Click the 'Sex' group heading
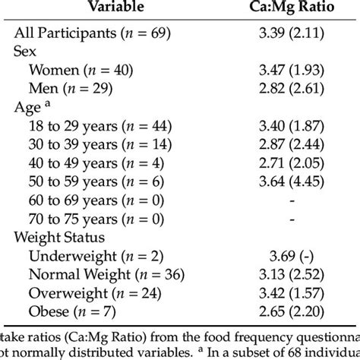[x=26, y=52]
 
